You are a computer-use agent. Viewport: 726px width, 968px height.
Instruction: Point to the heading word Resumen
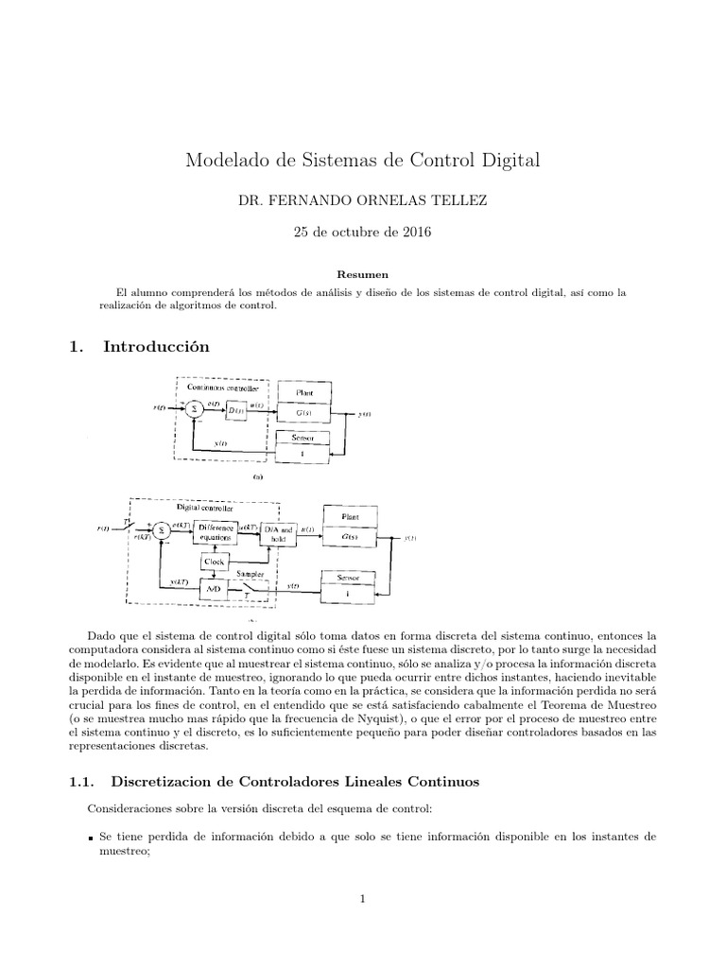363,274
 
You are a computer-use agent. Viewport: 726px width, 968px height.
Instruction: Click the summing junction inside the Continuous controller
192,408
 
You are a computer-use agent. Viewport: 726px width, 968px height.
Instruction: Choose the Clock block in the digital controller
215,562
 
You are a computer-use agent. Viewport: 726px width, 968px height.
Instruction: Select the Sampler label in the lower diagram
251,574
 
